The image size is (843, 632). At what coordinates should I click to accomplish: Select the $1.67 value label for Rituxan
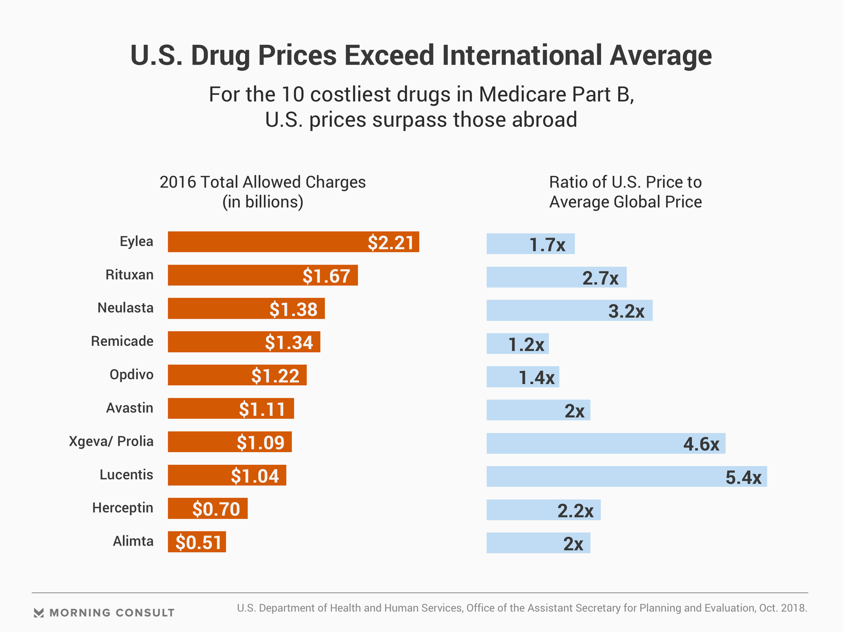pos(326,276)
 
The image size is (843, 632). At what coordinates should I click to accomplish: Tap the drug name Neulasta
pos(126,308)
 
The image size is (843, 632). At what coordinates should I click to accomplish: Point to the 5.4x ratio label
pos(743,477)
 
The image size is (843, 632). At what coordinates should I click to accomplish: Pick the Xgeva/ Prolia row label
pos(111,441)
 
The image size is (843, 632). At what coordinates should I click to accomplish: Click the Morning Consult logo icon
pos(39,613)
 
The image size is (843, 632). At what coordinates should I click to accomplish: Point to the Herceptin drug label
pos(122,508)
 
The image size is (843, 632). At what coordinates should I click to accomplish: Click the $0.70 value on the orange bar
pos(216,509)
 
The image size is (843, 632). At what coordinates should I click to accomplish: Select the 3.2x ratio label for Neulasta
pos(626,311)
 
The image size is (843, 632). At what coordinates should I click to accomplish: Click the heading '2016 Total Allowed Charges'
pos(263,182)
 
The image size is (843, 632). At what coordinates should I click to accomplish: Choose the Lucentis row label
pos(126,474)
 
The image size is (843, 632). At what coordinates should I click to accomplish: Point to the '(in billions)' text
pos(263,202)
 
